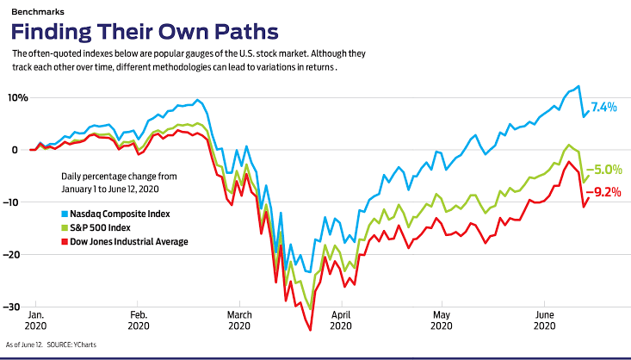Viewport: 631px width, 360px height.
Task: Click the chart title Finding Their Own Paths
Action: (x=145, y=32)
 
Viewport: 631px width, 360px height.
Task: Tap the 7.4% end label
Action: (x=604, y=107)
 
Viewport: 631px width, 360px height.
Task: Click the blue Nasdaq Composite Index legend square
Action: (x=65, y=213)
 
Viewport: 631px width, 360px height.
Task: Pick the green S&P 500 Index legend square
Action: (x=65, y=227)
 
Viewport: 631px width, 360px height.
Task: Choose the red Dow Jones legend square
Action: (x=65, y=241)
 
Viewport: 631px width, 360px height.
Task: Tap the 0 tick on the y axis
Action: (x=14, y=149)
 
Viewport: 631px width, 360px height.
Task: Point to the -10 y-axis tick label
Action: (x=14, y=202)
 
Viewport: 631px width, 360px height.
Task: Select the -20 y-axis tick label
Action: (x=14, y=254)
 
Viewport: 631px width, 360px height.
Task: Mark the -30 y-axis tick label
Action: (x=14, y=307)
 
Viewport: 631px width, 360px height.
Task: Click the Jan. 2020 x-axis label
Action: (x=36, y=321)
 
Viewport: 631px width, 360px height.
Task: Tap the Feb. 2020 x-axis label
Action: (x=138, y=321)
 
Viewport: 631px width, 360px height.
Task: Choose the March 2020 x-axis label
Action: (x=240, y=321)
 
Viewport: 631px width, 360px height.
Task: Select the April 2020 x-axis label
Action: (x=342, y=321)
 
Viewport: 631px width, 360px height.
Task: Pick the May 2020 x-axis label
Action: (x=442, y=321)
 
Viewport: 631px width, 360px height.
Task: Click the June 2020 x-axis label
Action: (x=544, y=321)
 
